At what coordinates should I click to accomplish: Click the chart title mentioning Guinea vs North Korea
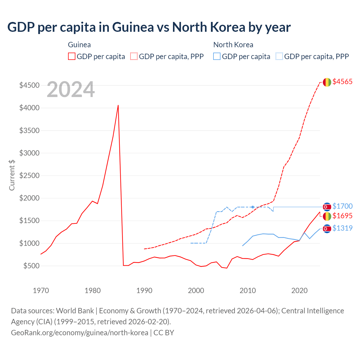tap(149, 27)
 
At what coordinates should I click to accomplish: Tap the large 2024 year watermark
tap(71, 89)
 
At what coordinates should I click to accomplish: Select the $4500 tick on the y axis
tap(29, 85)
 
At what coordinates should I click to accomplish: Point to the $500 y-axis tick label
tap(31, 266)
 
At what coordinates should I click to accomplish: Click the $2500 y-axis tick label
tap(29, 175)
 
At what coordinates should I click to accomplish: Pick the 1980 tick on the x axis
tap(93, 291)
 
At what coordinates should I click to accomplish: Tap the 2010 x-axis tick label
tap(247, 291)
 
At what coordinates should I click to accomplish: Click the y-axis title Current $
tap(12, 175)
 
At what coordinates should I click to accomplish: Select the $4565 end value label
tap(342, 82)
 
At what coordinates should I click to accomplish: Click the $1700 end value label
tap(342, 206)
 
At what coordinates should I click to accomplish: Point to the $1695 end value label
tap(342, 216)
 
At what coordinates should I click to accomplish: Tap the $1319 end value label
tap(342, 228)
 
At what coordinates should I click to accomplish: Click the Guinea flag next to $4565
tap(327, 82)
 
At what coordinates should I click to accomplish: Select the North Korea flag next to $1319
tap(327, 229)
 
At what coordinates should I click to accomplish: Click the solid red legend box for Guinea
tap(72, 56)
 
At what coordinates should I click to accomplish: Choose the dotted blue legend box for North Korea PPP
tap(279, 56)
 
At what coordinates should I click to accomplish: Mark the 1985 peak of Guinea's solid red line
tap(118, 105)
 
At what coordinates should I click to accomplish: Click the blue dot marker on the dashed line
tap(253, 207)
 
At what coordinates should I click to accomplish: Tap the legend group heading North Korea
tap(233, 45)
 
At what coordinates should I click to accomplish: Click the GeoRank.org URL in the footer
tap(80, 332)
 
